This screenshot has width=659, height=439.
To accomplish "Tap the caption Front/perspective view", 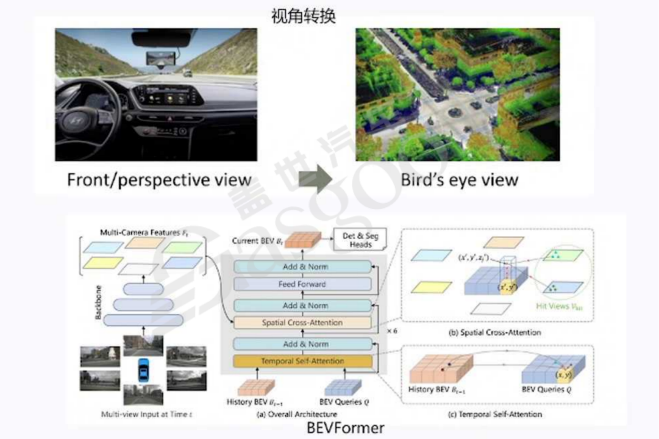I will pyautogui.click(x=159, y=180).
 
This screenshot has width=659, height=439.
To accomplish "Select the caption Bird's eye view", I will pyautogui.click(x=460, y=180).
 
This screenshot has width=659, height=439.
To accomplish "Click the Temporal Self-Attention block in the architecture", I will pyautogui.click(x=303, y=362).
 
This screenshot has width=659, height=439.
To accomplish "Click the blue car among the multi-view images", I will pyautogui.click(x=143, y=368).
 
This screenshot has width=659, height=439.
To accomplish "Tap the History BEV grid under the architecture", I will pyautogui.click(x=256, y=387).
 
